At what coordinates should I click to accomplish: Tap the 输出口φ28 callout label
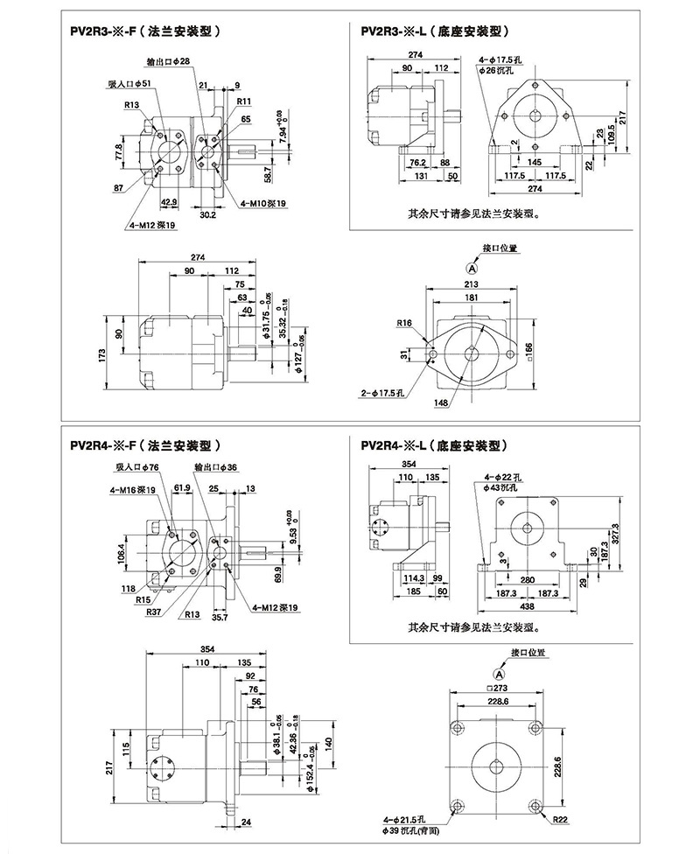(x=181, y=60)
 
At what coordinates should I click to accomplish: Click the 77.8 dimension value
(x=118, y=151)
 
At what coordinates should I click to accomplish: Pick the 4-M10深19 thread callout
(x=263, y=203)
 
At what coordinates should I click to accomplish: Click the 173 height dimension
(x=102, y=354)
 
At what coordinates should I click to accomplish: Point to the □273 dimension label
(x=497, y=685)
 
